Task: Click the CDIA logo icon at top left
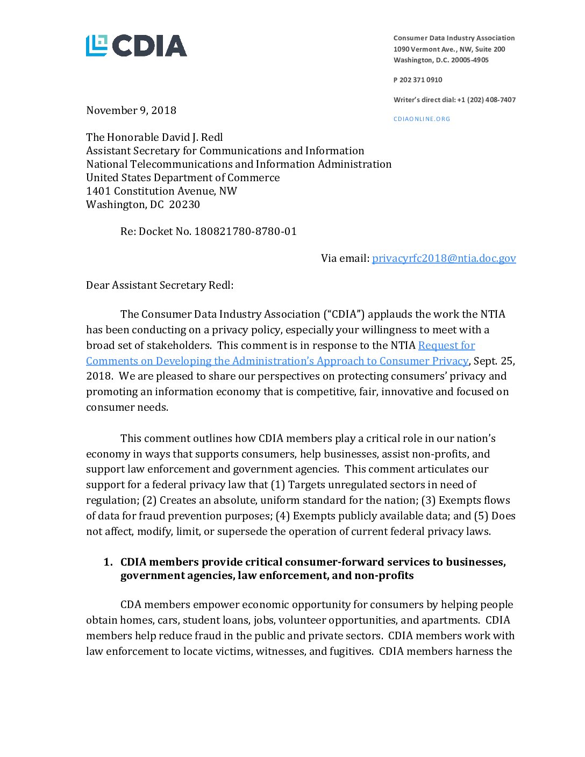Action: tap(97, 46)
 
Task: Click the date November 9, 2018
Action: tap(131, 110)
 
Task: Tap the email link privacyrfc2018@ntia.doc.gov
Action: tap(444, 258)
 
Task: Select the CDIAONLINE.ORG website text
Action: tap(422, 119)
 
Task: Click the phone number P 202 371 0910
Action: tap(418, 80)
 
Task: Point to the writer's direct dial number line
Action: tap(454, 99)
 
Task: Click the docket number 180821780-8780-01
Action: tap(245, 231)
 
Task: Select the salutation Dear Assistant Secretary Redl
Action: tap(160, 285)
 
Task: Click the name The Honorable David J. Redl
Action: tap(154, 137)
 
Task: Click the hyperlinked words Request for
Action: tap(446, 345)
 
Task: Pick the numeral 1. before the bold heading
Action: tap(108, 562)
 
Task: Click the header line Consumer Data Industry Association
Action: tap(454, 38)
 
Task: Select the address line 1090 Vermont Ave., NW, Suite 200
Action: tap(449, 49)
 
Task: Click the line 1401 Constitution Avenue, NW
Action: tap(161, 191)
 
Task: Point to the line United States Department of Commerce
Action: tap(183, 177)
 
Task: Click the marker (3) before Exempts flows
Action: tap(428, 500)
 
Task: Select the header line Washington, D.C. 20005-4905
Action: tap(441, 60)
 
